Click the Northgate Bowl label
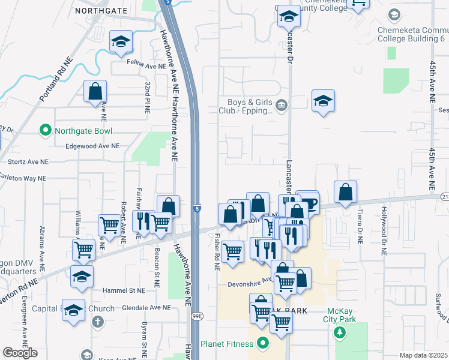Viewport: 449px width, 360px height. click(83, 131)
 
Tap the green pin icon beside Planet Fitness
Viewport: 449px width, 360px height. click(262, 344)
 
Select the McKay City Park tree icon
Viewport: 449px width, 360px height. click(340, 332)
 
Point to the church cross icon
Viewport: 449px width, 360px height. click(98, 322)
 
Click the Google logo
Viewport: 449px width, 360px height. click(20, 353)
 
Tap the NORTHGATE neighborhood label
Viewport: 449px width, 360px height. click(101, 11)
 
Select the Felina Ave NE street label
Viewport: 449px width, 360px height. click(146, 65)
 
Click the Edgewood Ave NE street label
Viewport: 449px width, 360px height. click(89, 146)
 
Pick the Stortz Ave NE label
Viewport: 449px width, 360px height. click(27, 162)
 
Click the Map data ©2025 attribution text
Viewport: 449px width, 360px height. click(423, 355)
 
